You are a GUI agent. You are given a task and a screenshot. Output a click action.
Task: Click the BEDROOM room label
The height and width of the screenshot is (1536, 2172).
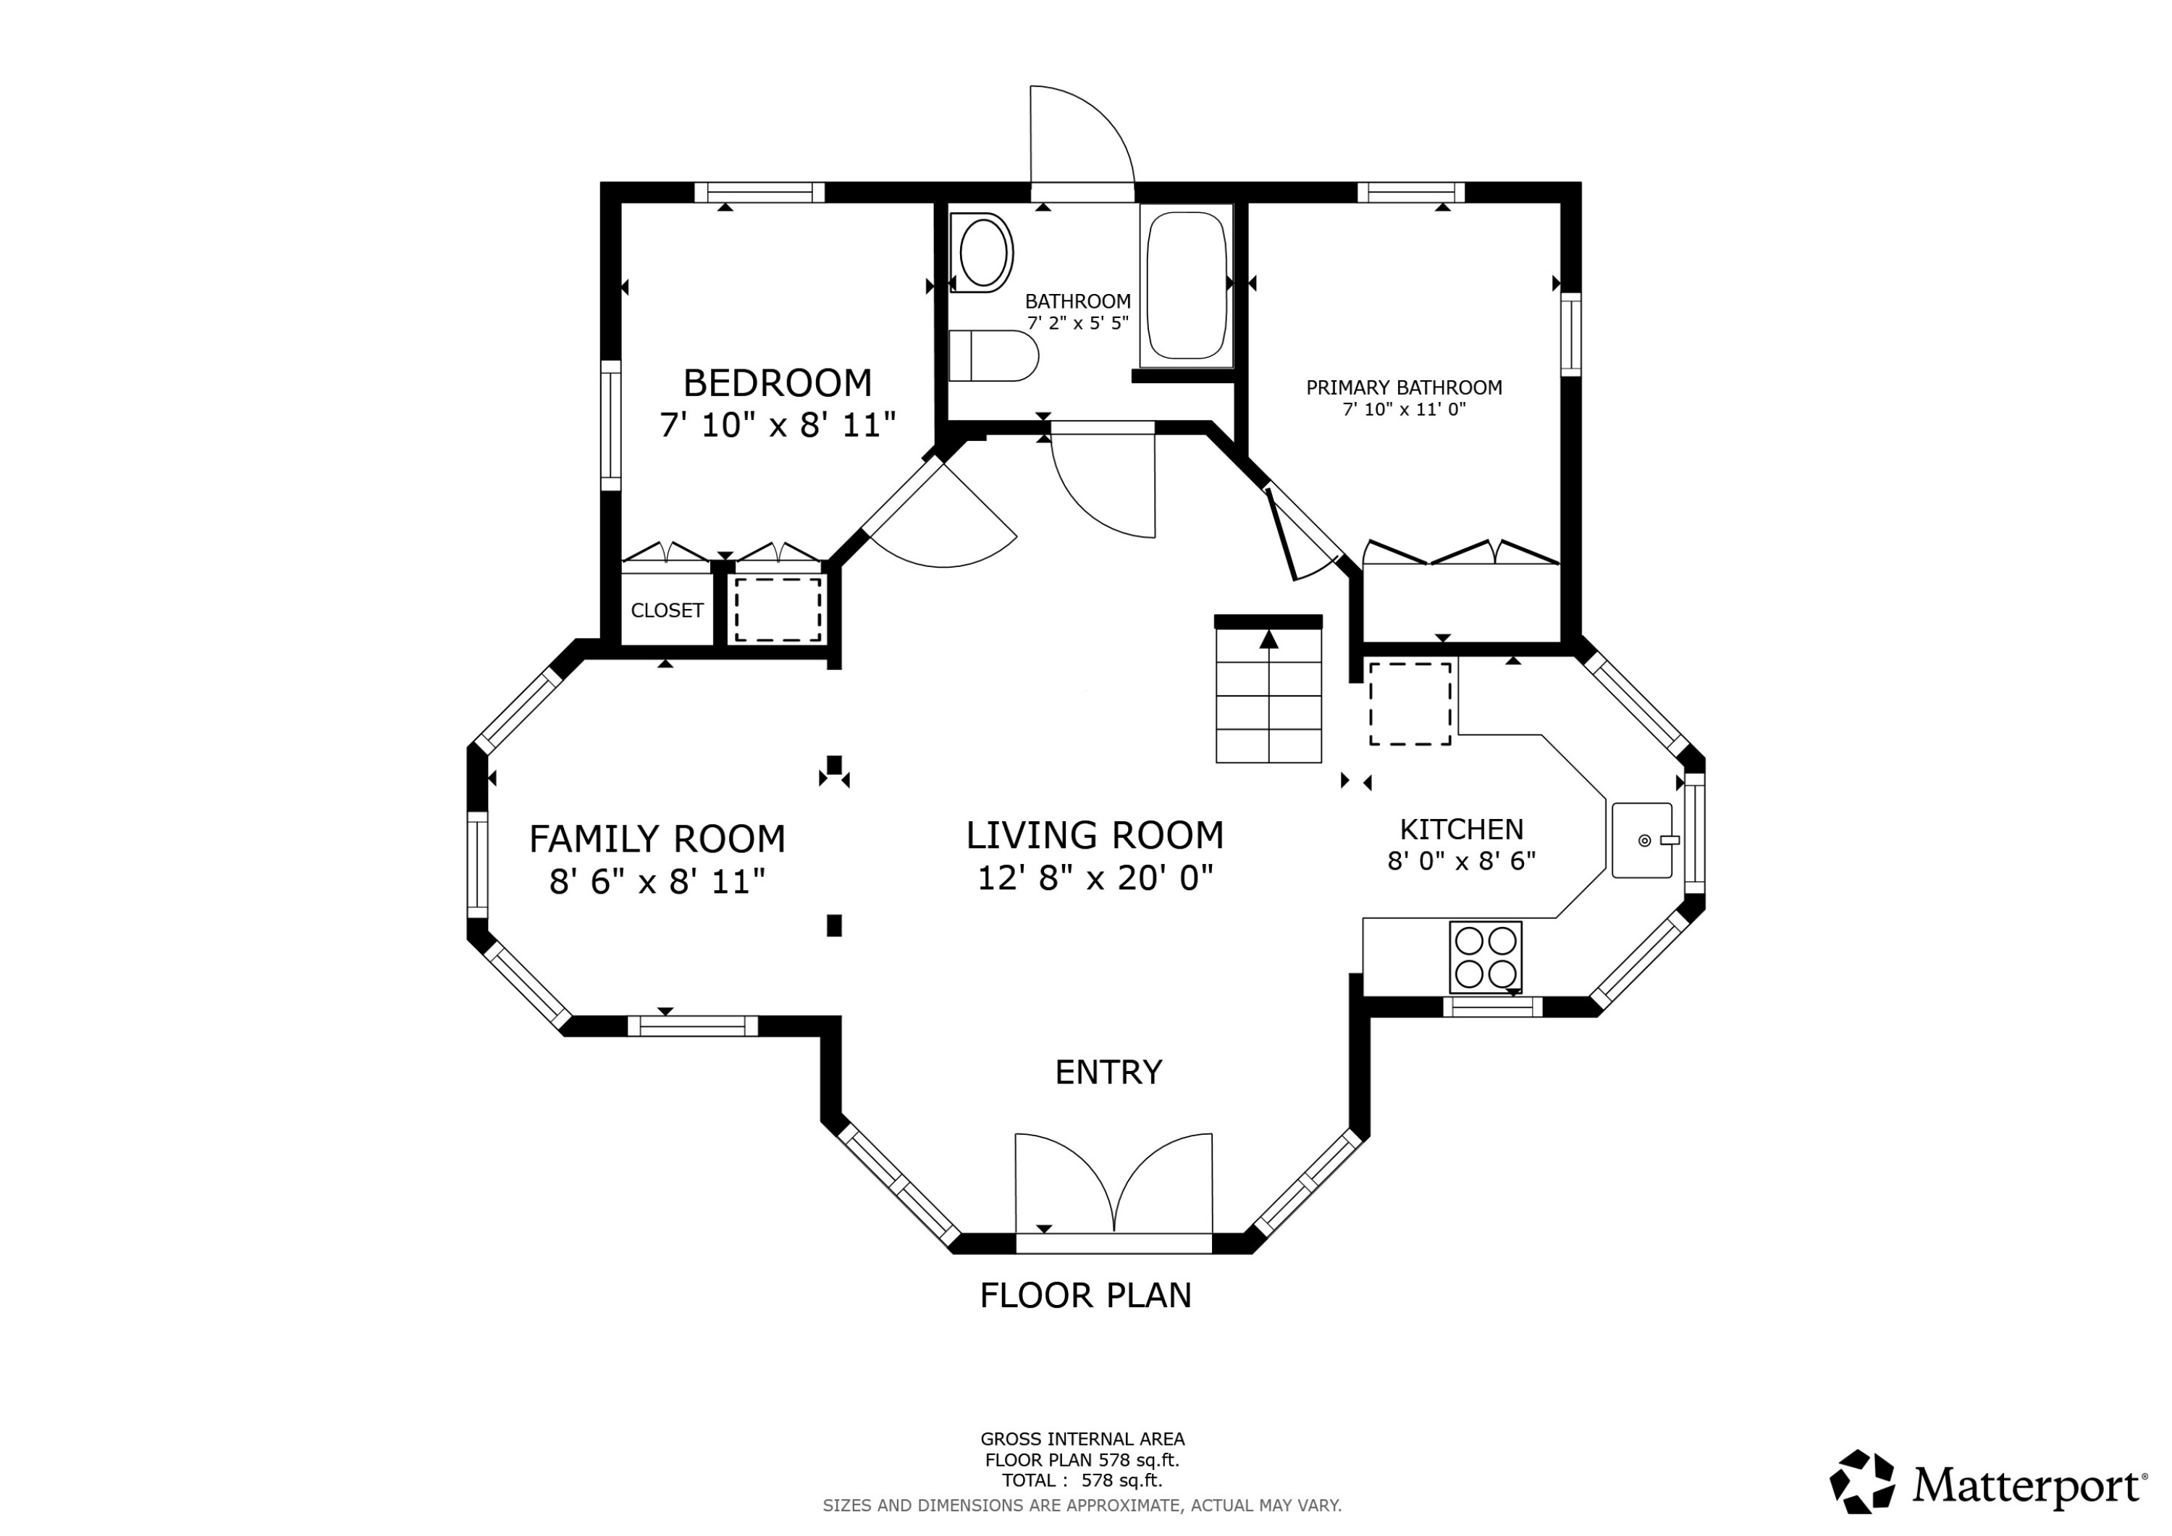point(777,383)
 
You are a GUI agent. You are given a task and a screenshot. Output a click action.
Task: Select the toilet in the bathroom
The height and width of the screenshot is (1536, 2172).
point(993,356)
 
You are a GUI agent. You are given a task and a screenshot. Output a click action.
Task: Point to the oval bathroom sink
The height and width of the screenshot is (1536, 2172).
point(983,253)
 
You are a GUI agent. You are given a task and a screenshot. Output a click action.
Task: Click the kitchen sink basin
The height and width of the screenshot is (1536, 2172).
point(1641,839)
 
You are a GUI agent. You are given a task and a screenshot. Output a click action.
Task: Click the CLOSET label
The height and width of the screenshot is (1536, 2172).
point(667,610)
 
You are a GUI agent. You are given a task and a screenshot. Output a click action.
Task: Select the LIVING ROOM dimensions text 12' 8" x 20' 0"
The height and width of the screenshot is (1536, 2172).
point(1095,878)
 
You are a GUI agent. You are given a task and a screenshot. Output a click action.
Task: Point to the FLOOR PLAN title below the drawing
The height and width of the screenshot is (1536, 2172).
point(1085,1295)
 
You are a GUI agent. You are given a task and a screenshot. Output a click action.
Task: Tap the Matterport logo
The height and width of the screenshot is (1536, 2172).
point(1987,1483)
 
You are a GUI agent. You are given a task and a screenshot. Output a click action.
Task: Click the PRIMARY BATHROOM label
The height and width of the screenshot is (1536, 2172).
point(1404,387)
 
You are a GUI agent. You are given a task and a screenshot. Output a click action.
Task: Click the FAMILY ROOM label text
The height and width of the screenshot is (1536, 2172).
point(657,839)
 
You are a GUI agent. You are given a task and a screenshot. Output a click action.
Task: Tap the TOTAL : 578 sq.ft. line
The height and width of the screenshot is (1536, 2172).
point(1082,1480)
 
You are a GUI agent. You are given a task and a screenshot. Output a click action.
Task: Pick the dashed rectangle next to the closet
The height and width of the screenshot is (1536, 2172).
point(778,610)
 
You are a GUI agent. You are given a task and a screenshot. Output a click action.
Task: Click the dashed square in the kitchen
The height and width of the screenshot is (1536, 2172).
point(1410,703)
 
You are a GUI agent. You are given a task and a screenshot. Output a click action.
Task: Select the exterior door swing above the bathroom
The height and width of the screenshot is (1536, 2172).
point(1079,142)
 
